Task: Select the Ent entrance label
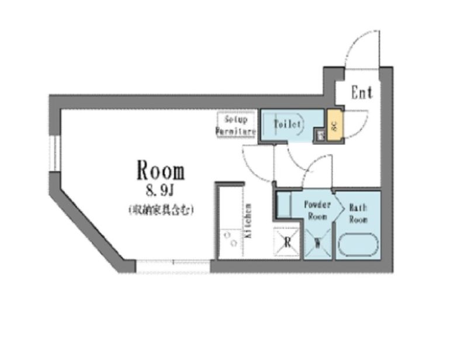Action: click(x=362, y=93)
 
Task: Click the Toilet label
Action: click(x=288, y=124)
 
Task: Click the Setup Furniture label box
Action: click(x=236, y=124)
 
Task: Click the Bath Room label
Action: click(x=358, y=213)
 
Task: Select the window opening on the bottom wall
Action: click(x=172, y=266)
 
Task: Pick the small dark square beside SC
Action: click(x=320, y=136)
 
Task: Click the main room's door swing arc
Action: click(x=257, y=161)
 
